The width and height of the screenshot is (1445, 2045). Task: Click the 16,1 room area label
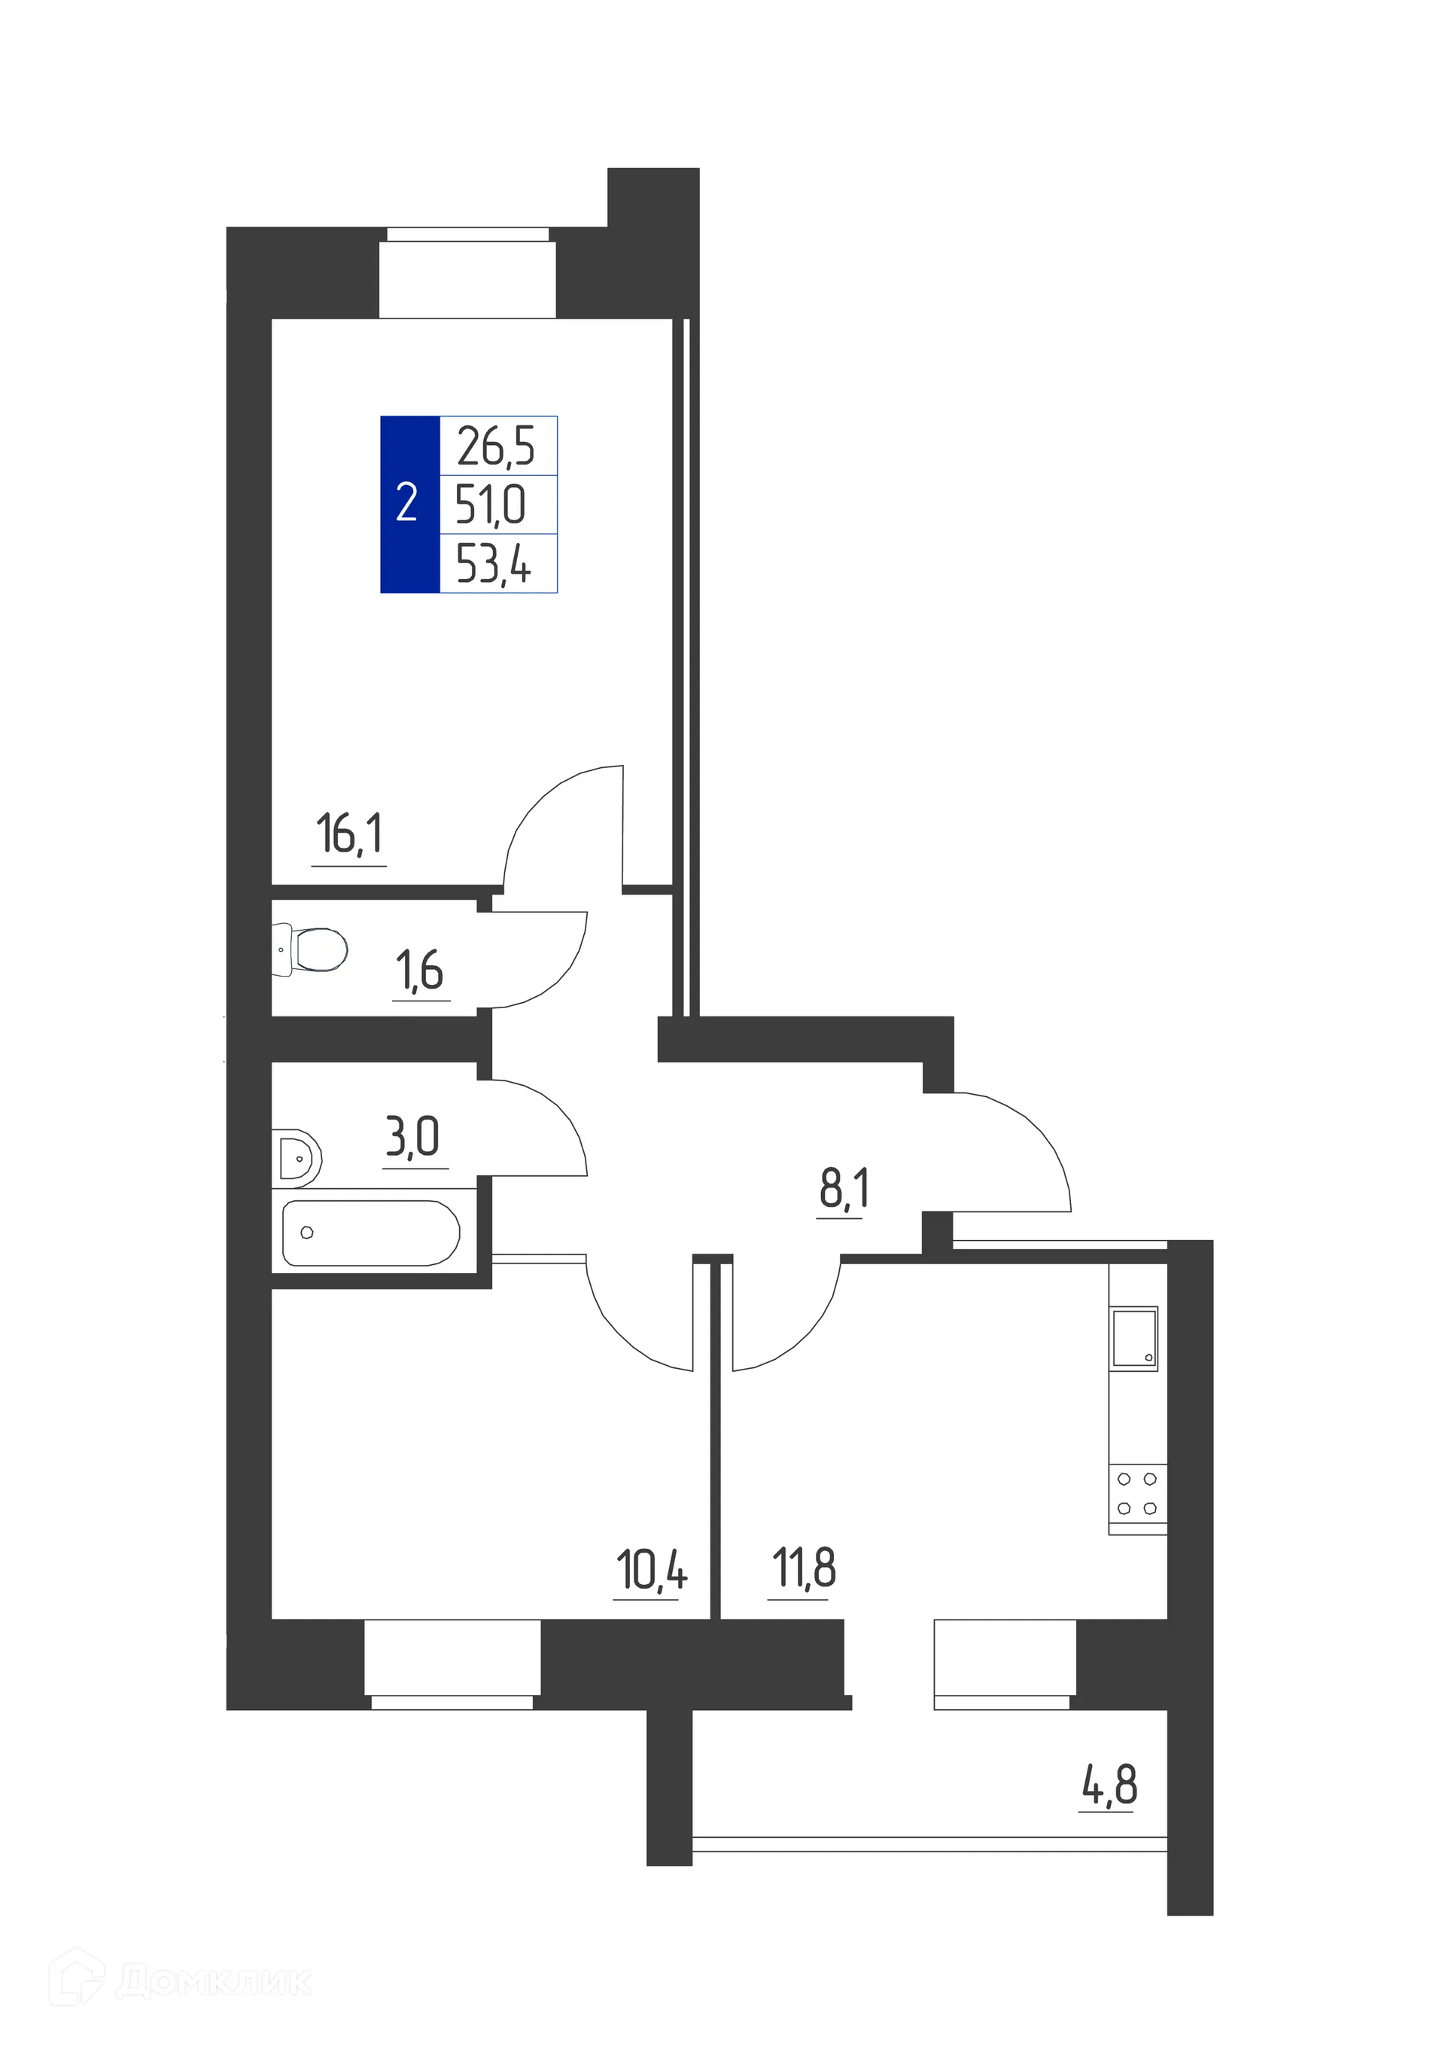349,834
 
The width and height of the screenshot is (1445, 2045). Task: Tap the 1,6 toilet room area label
419,971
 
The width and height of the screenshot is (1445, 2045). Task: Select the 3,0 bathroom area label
412,1138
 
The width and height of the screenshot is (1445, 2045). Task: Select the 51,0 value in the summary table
491,505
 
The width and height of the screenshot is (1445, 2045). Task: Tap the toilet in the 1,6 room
311,949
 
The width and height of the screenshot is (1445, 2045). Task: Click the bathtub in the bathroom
370,1233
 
